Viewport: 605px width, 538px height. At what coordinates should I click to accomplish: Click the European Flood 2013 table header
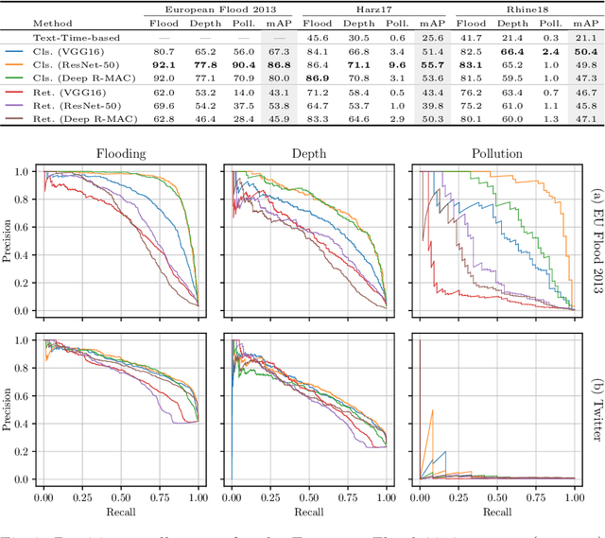click(x=217, y=7)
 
